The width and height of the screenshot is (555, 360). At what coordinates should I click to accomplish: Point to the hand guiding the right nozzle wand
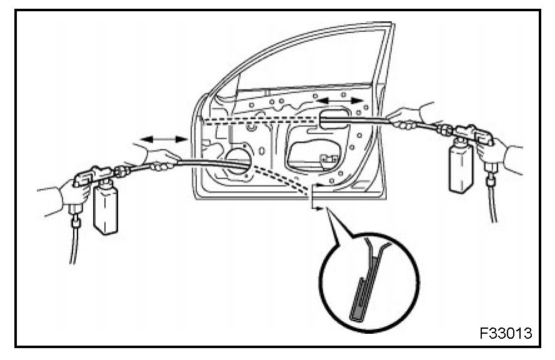point(406,117)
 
